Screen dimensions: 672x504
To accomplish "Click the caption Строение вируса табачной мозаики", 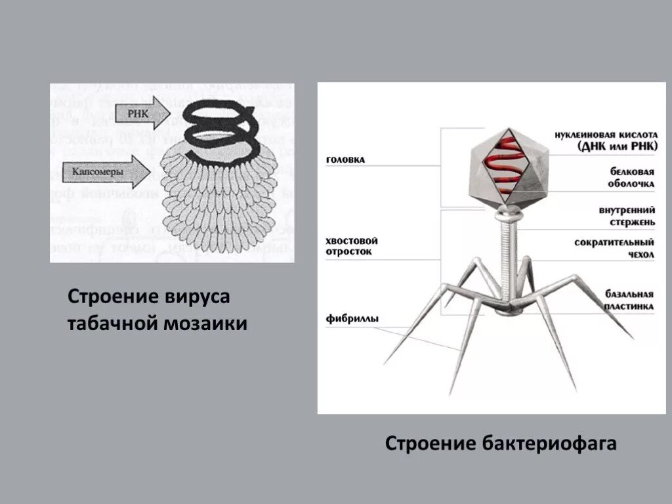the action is point(157,310).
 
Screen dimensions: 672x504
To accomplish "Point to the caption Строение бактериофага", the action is point(501,444).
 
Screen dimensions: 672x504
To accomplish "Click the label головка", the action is point(345,159).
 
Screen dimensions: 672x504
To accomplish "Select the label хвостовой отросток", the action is point(352,246).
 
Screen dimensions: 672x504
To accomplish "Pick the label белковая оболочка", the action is point(628,177).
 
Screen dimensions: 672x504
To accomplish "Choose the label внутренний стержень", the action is point(627,217).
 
